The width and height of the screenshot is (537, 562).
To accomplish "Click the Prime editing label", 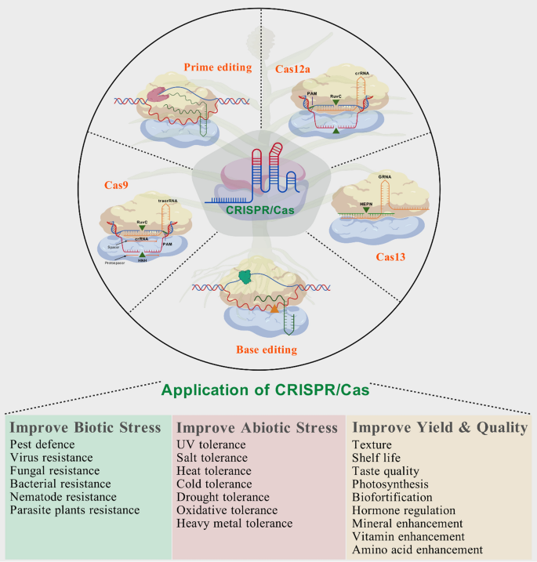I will point(217,67).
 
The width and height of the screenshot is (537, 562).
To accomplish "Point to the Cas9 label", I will point(118,185).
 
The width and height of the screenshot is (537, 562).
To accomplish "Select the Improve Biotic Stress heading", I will point(86,428).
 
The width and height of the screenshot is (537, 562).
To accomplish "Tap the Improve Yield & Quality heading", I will point(440,428).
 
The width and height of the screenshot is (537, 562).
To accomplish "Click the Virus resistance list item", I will point(52,457).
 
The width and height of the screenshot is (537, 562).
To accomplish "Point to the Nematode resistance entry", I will point(63,497).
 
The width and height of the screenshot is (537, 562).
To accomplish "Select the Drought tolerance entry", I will point(223,497).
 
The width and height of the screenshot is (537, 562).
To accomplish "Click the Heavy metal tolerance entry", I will point(234,523).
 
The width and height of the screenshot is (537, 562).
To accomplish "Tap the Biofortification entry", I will point(393,497).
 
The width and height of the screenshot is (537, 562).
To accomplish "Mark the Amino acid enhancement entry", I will point(418,549).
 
